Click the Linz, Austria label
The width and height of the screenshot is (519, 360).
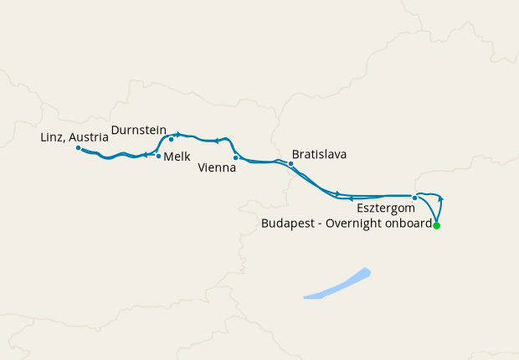[x=74, y=136]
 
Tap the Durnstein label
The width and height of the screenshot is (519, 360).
[x=138, y=130]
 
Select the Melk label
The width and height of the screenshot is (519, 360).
[x=177, y=157]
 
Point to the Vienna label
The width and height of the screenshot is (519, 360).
[x=217, y=167]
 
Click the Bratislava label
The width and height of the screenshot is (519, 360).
[x=319, y=155]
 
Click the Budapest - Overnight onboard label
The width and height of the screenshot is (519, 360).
[x=347, y=224]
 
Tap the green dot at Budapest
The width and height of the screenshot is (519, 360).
[x=436, y=225]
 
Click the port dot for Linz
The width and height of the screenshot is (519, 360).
[x=78, y=148]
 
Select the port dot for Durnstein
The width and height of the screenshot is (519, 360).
[x=171, y=139]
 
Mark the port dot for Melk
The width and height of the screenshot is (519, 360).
[x=158, y=156]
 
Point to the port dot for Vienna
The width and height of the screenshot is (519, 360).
[x=235, y=157]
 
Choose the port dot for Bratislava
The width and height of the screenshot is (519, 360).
[x=290, y=163]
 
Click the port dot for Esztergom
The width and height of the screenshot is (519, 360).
[x=414, y=198]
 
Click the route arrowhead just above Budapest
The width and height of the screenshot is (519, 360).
[x=440, y=199]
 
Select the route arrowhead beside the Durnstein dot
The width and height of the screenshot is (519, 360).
[x=177, y=134]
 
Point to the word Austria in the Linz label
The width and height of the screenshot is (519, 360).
[x=90, y=136]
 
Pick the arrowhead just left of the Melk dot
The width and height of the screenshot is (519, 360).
[x=146, y=155]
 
